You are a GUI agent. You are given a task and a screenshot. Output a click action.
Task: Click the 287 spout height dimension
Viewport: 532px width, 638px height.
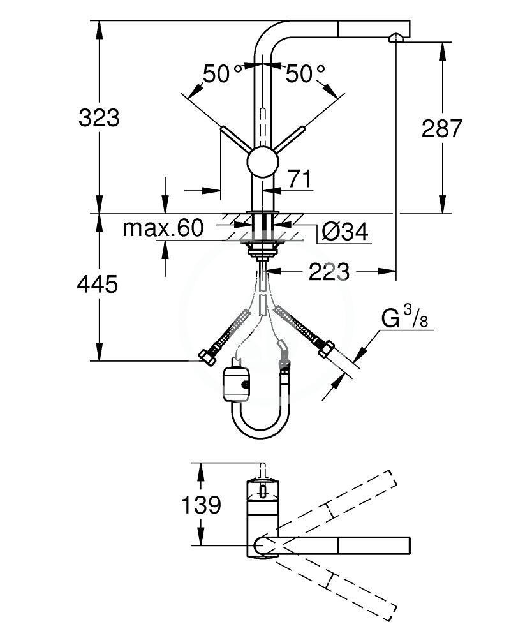(x=442, y=128)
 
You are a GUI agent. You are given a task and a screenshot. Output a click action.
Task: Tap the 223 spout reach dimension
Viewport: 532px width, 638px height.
(x=329, y=272)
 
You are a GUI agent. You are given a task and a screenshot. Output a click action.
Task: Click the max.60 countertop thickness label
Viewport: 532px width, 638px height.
(x=162, y=228)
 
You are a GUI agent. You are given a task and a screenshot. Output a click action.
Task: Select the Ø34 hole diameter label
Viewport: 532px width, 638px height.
(x=345, y=233)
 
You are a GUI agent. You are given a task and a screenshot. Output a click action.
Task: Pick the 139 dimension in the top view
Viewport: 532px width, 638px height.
(x=201, y=505)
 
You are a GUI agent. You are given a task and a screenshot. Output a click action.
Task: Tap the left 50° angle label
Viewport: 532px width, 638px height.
(x=216, y=75)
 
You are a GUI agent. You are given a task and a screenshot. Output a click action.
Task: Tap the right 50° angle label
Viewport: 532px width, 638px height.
(x=305, y=75)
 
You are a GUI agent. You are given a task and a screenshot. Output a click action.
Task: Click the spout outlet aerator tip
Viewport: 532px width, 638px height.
(x=395, y=40)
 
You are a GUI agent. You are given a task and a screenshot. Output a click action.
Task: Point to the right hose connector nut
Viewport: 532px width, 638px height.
(x=324, y=350)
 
